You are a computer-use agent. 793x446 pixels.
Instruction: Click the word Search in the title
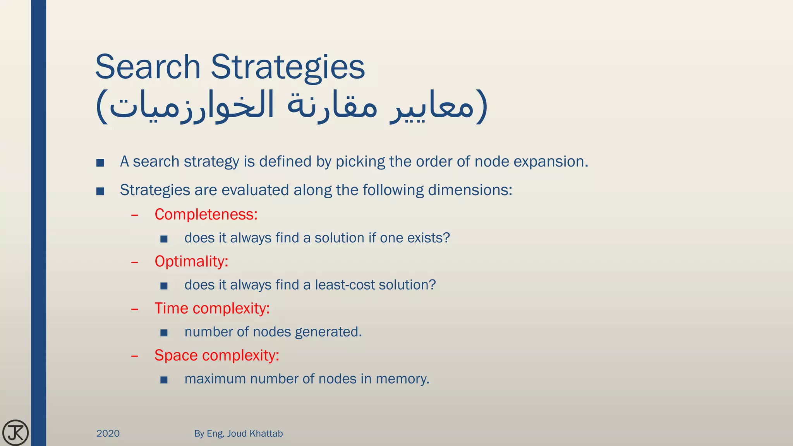[x=148, y=67]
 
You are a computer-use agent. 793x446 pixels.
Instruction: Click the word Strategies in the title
[x=287, y=67]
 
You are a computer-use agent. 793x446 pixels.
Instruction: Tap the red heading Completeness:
[x=206, y=214]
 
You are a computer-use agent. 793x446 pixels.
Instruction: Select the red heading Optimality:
[x=191, y=261]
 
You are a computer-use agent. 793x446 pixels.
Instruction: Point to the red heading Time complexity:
[x=212, y=309]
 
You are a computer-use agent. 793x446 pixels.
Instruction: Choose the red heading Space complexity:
[x=216, y=355]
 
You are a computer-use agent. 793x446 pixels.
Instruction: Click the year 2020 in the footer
[x=108, y=433]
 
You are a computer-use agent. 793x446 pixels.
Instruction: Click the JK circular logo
[x=15, y=432]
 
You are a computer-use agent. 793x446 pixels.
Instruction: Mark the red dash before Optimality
[x=135, y=262]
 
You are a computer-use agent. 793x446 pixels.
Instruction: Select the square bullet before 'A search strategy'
[x=100, y=163]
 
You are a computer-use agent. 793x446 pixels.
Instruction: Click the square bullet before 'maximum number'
[x=164, y=380]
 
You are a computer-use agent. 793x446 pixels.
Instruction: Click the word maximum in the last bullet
[x=215, y=379]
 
